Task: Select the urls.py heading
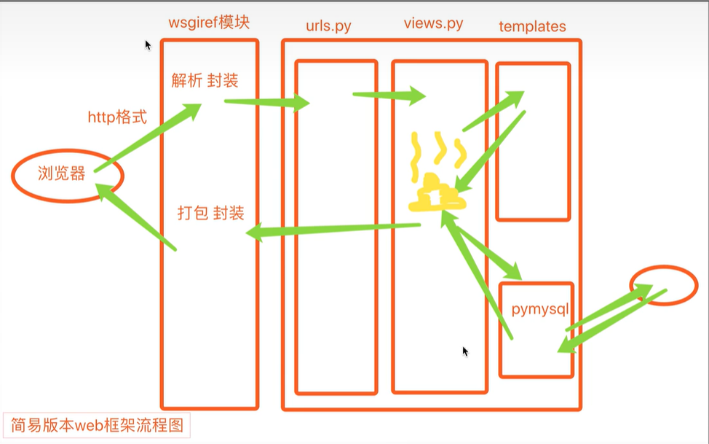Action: pos(328,26)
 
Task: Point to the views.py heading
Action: pos(433,24)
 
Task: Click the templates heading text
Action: pos(532,26)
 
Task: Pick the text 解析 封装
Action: pos(205,81)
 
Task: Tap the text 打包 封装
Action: pos(210,214)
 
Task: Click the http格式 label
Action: pos(116,117)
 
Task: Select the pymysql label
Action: pos(539,310)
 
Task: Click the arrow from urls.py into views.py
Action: pos(389,95)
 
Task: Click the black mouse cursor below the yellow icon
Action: pos(465,351)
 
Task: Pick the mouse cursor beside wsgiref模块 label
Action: pos(148,44)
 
